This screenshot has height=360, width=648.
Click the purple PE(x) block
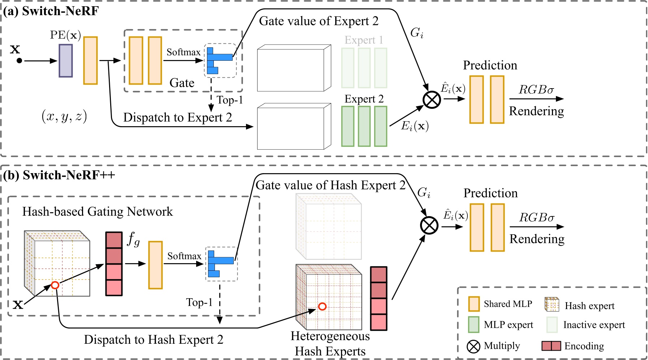(66, 61)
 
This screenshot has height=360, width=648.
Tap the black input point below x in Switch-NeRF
(19, 61)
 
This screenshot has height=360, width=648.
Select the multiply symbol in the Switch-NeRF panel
(432, 99)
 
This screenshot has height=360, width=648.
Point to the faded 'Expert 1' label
(364, 40)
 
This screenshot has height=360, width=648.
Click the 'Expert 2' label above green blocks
(364, 99)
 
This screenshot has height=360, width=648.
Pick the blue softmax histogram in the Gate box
(219, 60)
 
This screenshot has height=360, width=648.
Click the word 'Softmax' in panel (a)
(183, 52)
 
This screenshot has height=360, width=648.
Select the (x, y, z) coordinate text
(64, 116)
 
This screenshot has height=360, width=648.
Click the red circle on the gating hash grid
(55, 285)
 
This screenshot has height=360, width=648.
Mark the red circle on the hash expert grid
(322, 307)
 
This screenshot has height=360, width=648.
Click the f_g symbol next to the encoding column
(133, 239)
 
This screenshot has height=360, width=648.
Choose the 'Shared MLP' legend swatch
(474, 304)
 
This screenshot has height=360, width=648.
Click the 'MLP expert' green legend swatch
(474, 325)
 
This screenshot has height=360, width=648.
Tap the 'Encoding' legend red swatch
(551, 346)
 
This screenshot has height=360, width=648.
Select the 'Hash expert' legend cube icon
(552, 305)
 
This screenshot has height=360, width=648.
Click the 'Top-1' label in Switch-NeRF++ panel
(199, 302)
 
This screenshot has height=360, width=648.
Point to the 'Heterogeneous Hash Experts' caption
(330, 344)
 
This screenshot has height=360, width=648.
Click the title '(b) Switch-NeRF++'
(59, 175)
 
